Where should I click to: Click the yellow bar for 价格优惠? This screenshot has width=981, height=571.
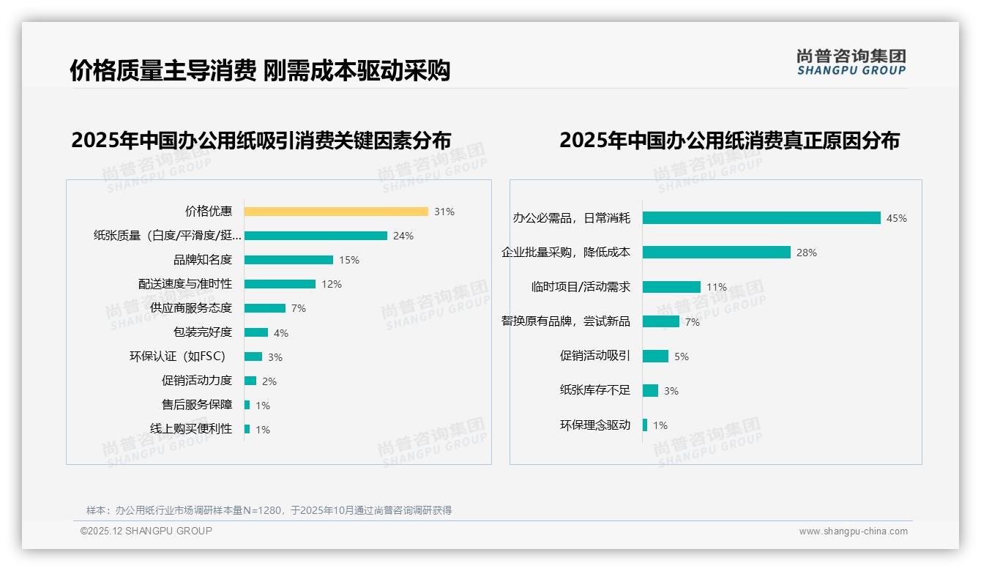click(x=336, y=212)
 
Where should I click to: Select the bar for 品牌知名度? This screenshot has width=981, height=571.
click(x=288, y=260)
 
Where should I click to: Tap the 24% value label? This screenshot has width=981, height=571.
click(x=403, y=236)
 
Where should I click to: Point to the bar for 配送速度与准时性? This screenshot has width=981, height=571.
click(x=280, y=284)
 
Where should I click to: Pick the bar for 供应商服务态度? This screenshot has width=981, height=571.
click(x=265, y=308)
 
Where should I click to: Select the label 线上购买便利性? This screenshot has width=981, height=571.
click(x=191, y=429)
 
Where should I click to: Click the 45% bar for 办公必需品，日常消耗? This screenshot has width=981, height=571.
click(x=761, y=218)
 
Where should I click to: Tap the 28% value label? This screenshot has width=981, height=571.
click(x=806, y=253)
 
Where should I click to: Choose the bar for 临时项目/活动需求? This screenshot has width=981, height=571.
click(x=671, y=287)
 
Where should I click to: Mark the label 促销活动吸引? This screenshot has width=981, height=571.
click(x=594, y=356)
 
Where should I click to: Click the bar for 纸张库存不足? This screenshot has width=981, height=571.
click(x=650, y=390)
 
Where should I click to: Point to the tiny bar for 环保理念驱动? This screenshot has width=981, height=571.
click(x=645, y=425)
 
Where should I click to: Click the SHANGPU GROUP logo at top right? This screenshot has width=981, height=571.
click(x=851, y=62)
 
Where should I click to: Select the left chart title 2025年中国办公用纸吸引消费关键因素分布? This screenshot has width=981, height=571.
click(x=261, y=140)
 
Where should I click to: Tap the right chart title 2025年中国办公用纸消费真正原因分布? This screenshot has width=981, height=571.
click(x=729, y=140)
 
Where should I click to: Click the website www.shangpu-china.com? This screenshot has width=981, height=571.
click(x=853, y=531)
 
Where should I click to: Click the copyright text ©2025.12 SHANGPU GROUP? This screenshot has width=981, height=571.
click(x=146, y=531)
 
